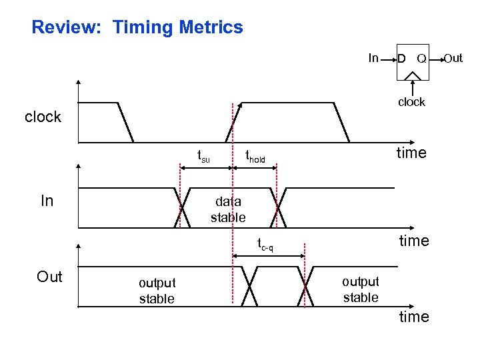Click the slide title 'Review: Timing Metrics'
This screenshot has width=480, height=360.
(137, 28)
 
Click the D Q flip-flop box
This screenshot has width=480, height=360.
(412, 61)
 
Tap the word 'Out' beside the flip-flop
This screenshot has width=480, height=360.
(453, 59)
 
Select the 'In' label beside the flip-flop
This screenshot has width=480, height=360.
(374, 59)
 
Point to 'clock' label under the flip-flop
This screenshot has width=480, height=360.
(411, 102)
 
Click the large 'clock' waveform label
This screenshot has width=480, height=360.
(43, 117)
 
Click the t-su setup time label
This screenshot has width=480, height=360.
(203, 156)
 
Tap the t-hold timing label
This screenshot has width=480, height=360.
(255, 157)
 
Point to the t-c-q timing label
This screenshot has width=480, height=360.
(265, 245)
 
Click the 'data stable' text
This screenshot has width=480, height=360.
(228, 209)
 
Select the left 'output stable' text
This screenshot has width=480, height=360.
(157, 291)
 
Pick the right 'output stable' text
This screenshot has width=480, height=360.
(361, 289)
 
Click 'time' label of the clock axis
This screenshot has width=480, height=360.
(411, 153)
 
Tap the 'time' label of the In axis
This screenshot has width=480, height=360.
(414, 241)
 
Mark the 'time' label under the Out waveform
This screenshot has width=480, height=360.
(414, 317)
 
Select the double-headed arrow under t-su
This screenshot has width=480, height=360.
(206, 168)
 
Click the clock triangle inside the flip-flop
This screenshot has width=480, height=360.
(413, 75)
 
